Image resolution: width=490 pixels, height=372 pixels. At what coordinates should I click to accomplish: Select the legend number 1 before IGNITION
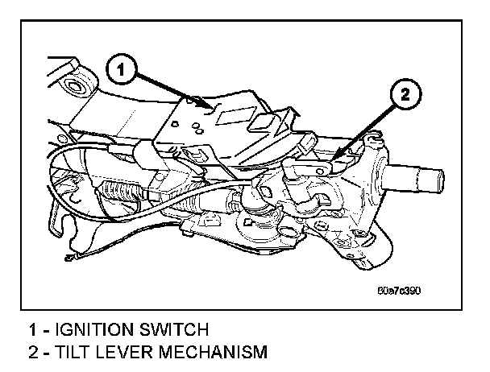32,329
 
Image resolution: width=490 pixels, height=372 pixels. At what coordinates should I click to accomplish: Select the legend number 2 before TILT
32,352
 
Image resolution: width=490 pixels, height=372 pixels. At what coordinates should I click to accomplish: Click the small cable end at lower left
72,257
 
